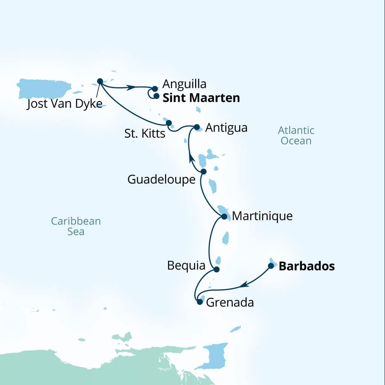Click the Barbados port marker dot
click(x=271, y=266)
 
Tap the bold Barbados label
click(x=306, y=266)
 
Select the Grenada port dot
click(x=200, y=302)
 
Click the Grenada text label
click(x=230, y=302)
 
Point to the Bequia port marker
click(x=216, y=269)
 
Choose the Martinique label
click(x=262, y=216)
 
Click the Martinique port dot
click(x=224, y=217)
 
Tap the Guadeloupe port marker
click(x=203, y=171)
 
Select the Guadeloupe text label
click(x=161, y=179)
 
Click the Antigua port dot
click(x=197, y=127)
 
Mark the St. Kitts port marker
click(x=168, y=123)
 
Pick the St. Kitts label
click(x=145, y=133)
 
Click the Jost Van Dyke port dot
click(x=100, y=81)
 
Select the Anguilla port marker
click(x=155, y=89)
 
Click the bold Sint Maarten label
click(x=201, y=98)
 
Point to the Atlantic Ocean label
click(x=296, y=136)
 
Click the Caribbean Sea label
click(x=76, y=226)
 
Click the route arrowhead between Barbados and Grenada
click(x=244, y=285)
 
